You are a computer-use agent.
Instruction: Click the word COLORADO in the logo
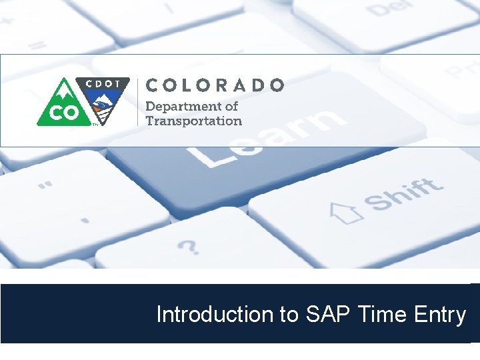point(215,85)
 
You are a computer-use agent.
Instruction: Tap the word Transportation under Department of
point(193,121)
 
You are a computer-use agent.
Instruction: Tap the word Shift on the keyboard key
point(403,194)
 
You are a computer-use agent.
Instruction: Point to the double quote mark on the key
point(45,187)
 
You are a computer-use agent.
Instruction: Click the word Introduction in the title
point(216,314)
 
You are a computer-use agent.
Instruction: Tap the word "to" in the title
point(289,314)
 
